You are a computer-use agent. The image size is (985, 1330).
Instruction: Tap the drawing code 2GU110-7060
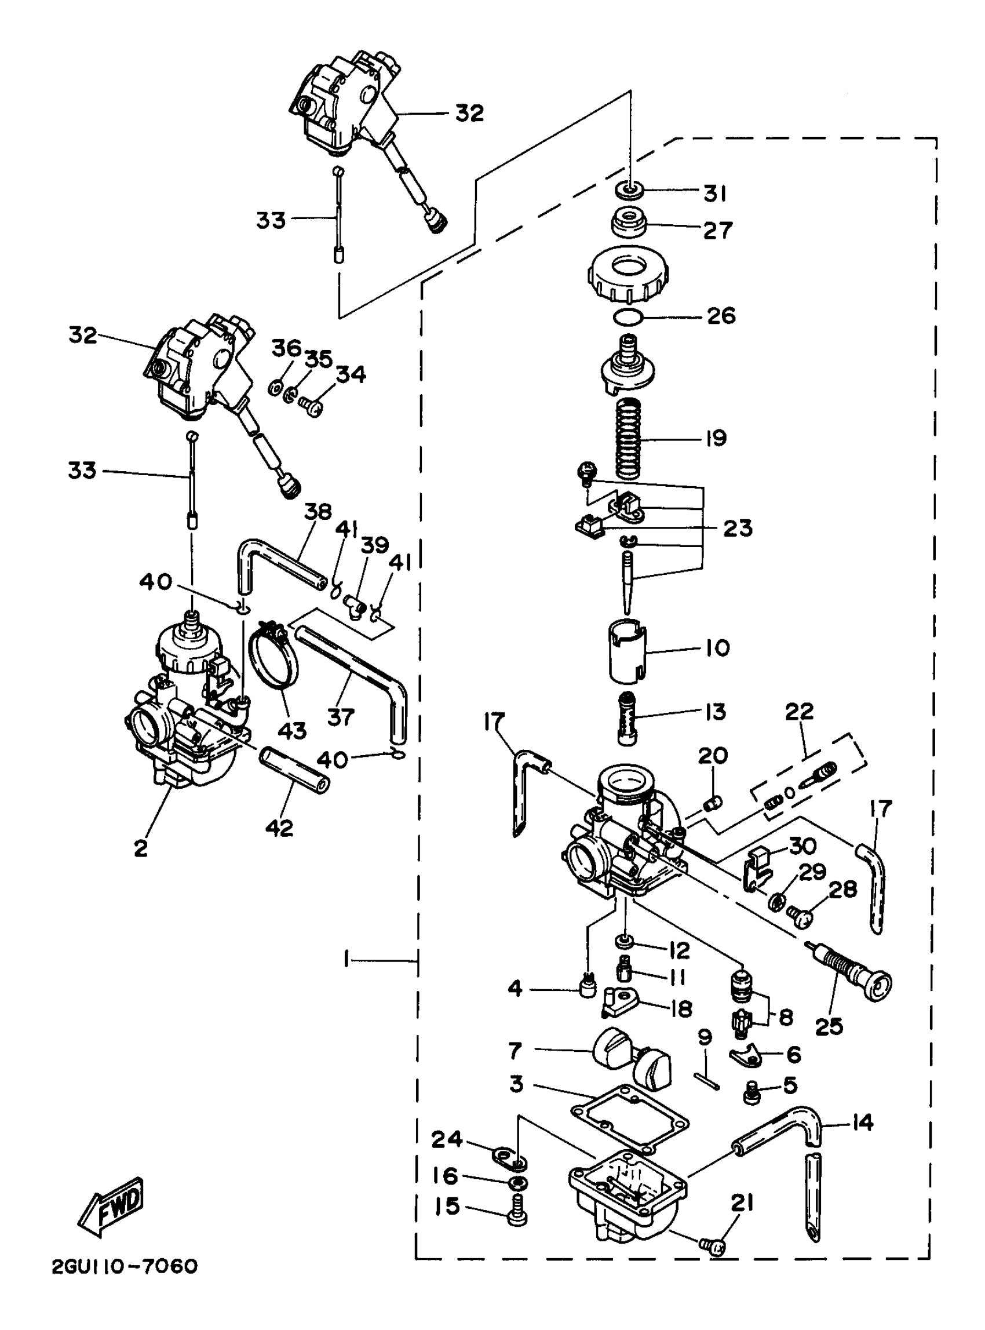click(x=125, y=1283)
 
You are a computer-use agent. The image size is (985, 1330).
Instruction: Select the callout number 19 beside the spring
click(x=716, y=438)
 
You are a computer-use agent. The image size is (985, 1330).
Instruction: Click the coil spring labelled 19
click(x=629, y=438)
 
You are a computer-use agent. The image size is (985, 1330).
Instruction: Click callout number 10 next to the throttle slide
click(x=717, y=648)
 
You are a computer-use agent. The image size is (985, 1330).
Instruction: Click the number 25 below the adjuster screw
click(x=829, y=1026)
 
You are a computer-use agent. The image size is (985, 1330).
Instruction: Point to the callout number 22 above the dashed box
click(x=799, y=711)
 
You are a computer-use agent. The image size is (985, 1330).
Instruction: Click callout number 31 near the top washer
click(x=715, y=193)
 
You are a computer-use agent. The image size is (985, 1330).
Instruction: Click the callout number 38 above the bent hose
click(x=318, y=512)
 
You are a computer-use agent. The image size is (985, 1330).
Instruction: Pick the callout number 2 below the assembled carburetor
click(x=141, y=847)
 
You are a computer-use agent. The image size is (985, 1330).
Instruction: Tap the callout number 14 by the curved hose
click(x=862, y=1123)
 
